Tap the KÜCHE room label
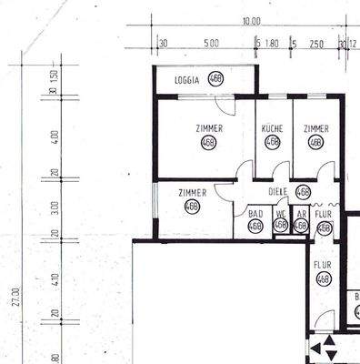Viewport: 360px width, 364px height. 273,128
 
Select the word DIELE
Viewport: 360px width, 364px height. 279,191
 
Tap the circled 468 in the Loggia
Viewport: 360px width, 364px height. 215,78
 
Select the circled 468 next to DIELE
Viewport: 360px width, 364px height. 304,192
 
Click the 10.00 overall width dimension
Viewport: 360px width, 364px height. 251,21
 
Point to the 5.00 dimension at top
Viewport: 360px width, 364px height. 211,43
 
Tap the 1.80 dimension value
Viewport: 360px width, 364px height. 272,43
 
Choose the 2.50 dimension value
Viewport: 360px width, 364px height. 316,43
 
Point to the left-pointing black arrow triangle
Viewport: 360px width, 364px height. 315,347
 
